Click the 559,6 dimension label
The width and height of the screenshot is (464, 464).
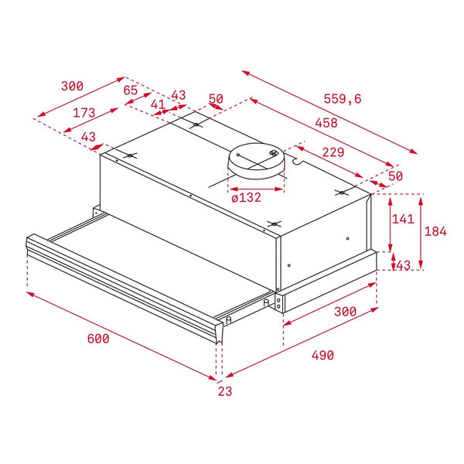coord(343,98)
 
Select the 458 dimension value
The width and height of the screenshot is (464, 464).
coord(326,123)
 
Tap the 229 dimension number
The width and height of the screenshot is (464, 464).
coord(333,152)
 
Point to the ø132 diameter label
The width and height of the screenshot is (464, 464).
coord(246,197)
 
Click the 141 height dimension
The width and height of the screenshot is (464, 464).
coord(403,219)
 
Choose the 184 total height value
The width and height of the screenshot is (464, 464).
coord(435,231)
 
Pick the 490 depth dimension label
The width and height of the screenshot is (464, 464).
coord(322,355)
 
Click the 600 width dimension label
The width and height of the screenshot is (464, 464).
coord(98,339)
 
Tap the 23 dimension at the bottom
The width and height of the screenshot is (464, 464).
coord(225,391)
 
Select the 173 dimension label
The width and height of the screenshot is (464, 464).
coord(84,113)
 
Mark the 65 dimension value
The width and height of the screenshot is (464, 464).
coord(131,90)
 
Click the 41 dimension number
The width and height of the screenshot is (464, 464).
coord(158,104)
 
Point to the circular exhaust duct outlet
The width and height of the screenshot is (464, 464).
coord(256,162)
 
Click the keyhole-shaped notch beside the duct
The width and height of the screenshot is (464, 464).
coord(297,162)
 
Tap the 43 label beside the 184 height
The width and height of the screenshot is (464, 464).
coord(403,265)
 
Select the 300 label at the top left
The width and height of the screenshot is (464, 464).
coord(72,86)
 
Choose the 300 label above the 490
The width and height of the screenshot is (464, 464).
coord(346,312)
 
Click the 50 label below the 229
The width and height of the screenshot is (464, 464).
coord(395,176)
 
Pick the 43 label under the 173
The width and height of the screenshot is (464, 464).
coord(88,137)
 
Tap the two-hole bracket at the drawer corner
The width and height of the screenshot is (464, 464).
coord(278,302)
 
